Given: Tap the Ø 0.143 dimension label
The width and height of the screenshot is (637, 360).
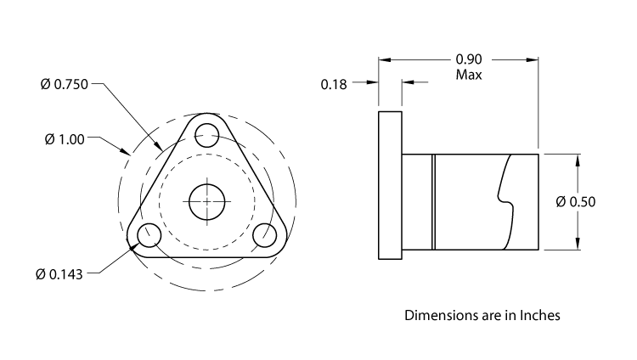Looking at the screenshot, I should pos(59,274).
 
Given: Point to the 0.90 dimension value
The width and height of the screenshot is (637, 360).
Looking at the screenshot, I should pos(470,59).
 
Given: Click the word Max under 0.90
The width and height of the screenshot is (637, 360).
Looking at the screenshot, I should pos(469,75).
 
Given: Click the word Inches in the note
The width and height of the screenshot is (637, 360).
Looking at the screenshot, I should pos(536,315).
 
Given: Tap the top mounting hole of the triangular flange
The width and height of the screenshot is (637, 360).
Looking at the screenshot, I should pos(206,133).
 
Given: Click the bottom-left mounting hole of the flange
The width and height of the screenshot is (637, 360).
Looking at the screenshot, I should pos(149,235).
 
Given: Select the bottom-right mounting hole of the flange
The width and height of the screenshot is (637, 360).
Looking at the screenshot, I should pos(264,235).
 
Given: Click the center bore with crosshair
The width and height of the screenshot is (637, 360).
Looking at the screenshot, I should pos(206,202).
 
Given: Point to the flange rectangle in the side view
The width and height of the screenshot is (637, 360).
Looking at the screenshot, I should pos(390,186).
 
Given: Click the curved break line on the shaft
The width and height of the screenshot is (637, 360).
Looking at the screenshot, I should pos(507,200).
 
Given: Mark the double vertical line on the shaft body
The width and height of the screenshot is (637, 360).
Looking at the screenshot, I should pos(433,201).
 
